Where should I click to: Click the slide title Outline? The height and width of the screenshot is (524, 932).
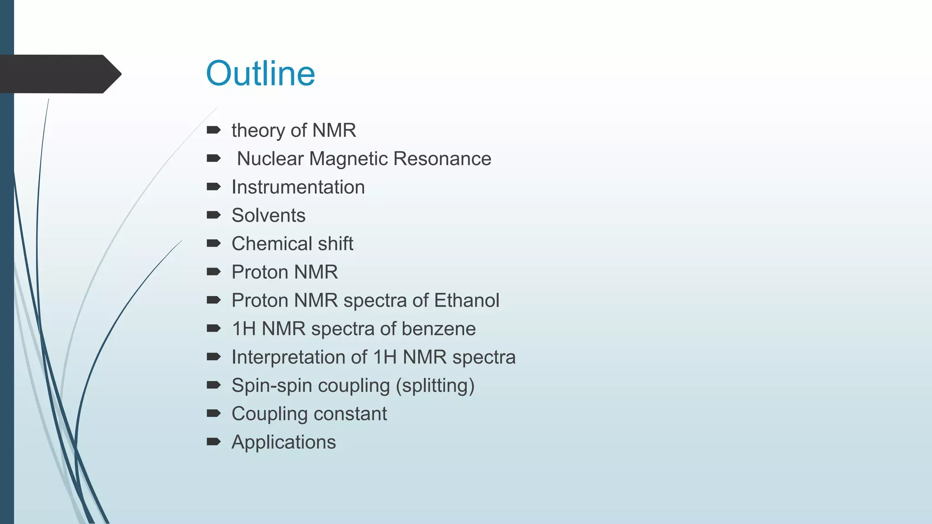pos(260,74)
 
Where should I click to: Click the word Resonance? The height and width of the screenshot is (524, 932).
pos(442,159)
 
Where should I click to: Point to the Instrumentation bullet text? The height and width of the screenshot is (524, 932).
pos(298,187)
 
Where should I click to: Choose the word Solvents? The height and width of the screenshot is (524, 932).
pos(268,216)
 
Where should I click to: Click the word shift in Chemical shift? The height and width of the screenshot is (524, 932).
pos(335,244)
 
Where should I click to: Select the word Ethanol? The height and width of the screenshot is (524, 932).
pos(466,301)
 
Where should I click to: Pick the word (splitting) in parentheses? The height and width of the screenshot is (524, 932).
pos(435,386)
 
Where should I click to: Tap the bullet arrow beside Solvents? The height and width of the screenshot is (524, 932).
pos(213,215)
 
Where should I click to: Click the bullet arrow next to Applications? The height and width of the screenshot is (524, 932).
pos(213,442)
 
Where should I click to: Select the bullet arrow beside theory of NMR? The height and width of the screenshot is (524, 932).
pos(213,131)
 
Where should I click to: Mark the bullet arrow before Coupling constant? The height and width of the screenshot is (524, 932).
pos(213,413)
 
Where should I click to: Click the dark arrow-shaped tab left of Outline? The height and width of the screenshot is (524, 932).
pos(59,74)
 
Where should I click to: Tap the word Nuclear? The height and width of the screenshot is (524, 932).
pos(270,159)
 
